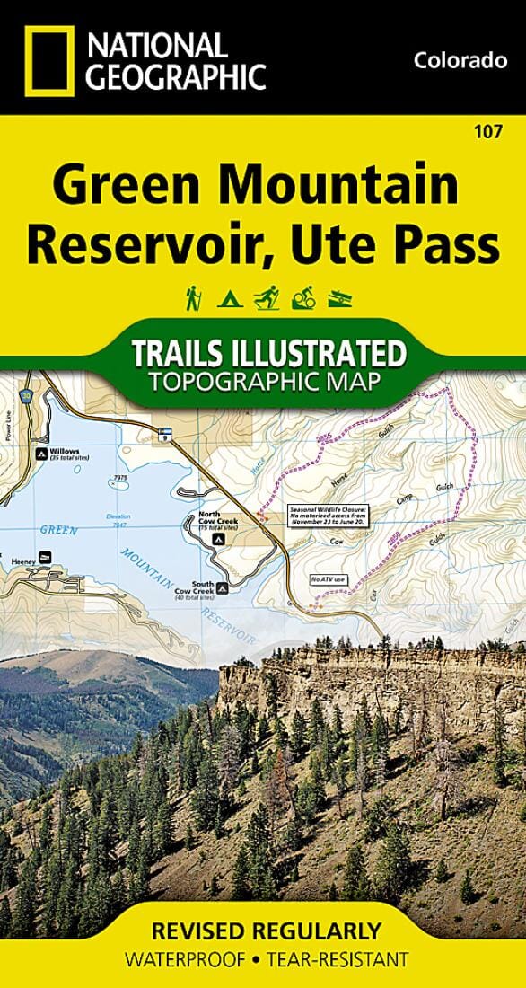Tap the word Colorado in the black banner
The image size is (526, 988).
click(x=460, y=61)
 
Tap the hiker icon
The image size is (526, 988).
click(x=192, y=296)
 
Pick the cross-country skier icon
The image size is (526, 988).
click(x=264, y=297)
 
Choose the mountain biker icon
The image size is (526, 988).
click(x=302, y=297)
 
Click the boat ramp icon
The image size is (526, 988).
click(x=338, y=298)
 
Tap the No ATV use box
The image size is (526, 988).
click(x=328, y=579)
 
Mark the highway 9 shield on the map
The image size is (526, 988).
click(x=163, y=435)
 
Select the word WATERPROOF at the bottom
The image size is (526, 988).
click(x=176, y=959)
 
